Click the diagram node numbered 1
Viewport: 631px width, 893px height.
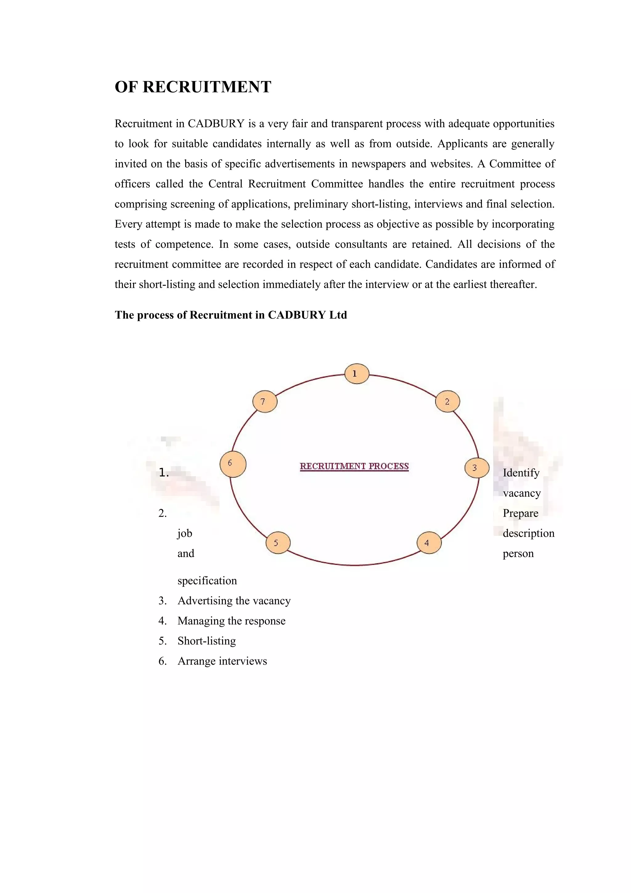[x=356, y=374]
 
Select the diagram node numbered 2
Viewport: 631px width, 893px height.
[x=447, y=402]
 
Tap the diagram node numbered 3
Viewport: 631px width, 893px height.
[x=477, y=468]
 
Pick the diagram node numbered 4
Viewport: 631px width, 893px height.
[x=429, y=543]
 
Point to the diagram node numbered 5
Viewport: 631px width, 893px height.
[x=278, y=543]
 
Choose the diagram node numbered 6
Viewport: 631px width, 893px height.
[x=233, y=464]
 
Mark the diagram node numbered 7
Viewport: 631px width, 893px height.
[x=265, y=402]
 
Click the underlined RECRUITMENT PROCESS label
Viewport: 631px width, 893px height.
[x=354, y=466]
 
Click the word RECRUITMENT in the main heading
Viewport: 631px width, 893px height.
[x=207, y=87]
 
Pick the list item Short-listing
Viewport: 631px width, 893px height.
[x=206, y=641]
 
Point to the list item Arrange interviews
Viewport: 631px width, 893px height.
[x=222, y=661]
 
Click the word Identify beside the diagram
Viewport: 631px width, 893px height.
[x=521, y=473]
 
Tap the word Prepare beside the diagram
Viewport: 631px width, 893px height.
[x=520, y=513]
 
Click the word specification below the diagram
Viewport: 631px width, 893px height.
[x=207, y=581]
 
